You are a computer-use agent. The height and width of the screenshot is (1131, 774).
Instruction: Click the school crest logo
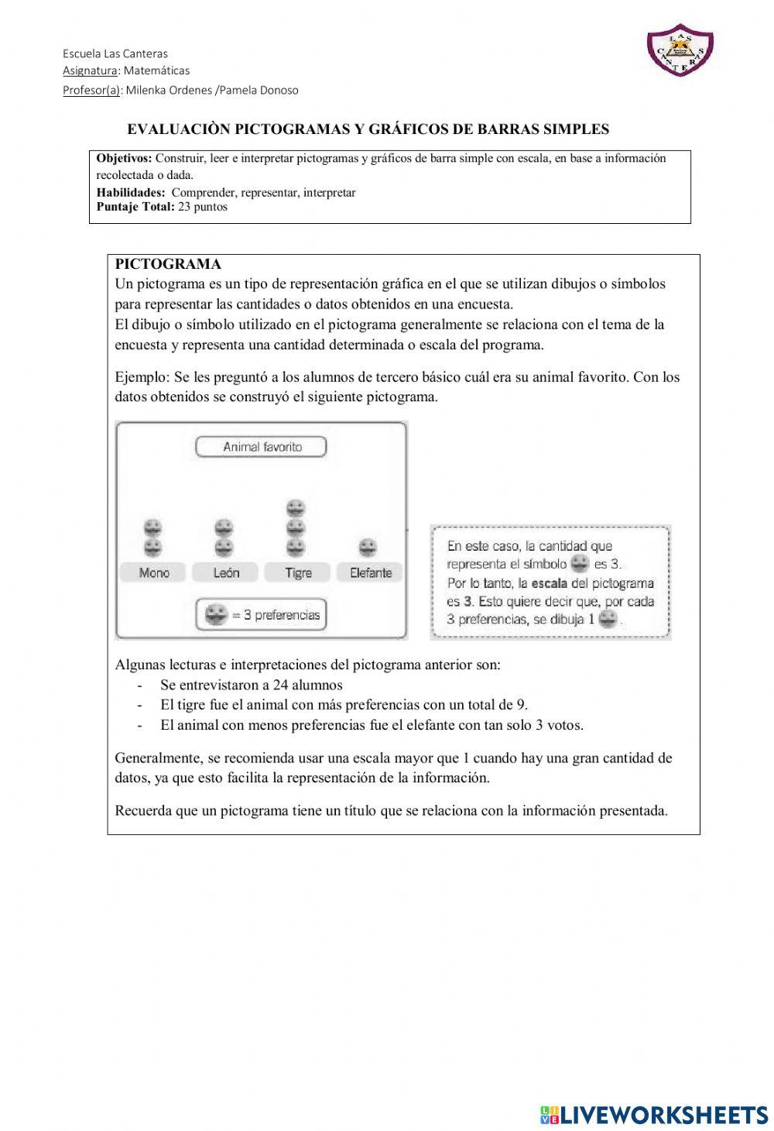pyautogui.click(x=679, y=50)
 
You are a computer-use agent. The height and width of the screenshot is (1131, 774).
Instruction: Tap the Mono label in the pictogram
pyautogui.click(x=153, y=572)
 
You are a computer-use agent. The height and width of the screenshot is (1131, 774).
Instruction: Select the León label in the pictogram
pyautogui.click(x=226, y=572)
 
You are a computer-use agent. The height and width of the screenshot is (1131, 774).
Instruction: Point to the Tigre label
pyautogui.click(x=298, y=572)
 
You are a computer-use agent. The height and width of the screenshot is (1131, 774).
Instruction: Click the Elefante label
pyautogui.click(x=370, y=572)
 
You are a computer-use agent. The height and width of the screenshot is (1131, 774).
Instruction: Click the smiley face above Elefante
pyautogui.click(x=368, y=548)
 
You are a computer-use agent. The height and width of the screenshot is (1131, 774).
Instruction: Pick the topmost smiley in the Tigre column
pyautogui.click(x=295, y=509)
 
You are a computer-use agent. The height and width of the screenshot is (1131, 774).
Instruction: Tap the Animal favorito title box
pyautogui.click(x=262, y=447)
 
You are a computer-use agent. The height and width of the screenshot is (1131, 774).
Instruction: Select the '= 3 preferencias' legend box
pyautogui.click(x=262, y=615)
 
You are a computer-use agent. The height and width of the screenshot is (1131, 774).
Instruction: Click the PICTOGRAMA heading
pyautogui.click(x=168, y=264)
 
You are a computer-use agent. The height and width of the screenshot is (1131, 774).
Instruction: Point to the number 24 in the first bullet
pyautogui.click(x=280, y=685)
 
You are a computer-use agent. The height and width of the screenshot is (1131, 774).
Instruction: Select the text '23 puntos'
pyautogui.click(x=203, y=207)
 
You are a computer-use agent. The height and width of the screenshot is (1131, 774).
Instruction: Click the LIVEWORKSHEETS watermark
pyautogui.click(x=655, y=1114)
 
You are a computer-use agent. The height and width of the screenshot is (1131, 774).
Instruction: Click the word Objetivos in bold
pyautogui.click(x=124, y=158)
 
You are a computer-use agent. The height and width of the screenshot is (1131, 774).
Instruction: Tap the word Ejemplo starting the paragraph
pyautogui.click(x=142, y=377)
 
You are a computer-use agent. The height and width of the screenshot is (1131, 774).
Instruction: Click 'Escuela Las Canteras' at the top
pyautogui.click(x=115, y=53)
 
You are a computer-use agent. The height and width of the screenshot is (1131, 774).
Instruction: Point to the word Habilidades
pyautogui.click(x=130, y=192)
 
